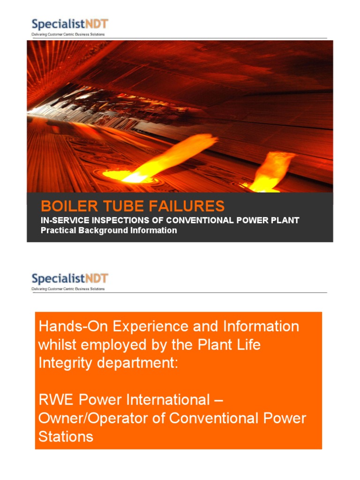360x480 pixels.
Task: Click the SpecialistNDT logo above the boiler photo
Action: tap(69, 24)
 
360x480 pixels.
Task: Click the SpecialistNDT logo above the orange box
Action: tap(69, 278)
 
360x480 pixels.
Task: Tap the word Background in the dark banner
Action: tap(107, 230)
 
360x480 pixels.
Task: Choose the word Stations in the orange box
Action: tap(65, 436)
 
